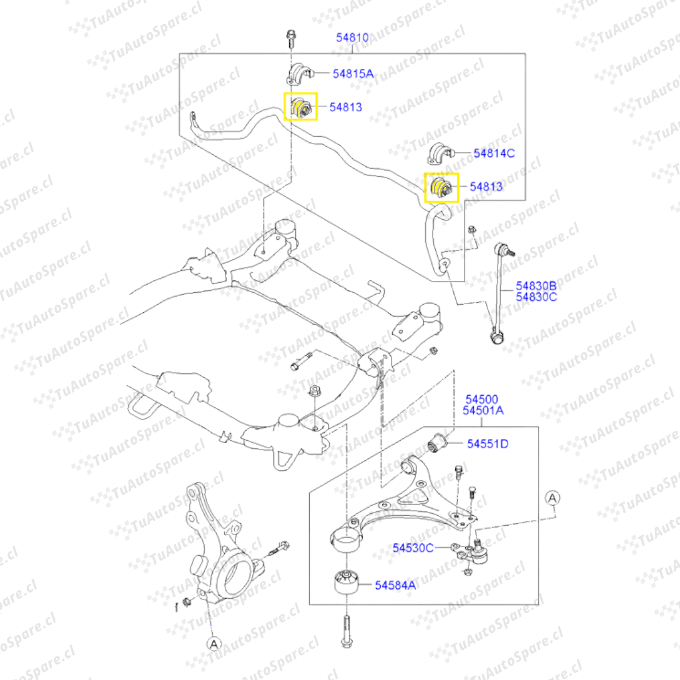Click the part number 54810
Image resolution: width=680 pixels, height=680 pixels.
click(x=352, y=38)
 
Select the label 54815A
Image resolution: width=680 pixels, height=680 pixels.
click(x=353, y=74)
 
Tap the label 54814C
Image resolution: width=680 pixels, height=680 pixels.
click(x=494, y=152)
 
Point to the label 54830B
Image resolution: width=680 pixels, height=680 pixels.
click(x=536, y=285)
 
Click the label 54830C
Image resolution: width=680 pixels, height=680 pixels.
click(x=536, y=297)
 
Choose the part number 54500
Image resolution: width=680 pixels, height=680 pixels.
click(x=482, y=399)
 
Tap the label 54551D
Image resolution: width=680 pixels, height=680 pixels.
click(x=487, y=444)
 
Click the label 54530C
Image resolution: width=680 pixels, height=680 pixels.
click(x=413, y=548)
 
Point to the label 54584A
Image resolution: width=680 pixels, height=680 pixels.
click(x=395, y=585)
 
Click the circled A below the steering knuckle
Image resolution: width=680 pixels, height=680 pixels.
click(x=214, y=643)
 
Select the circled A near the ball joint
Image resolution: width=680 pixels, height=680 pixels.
click(x=552, y=498)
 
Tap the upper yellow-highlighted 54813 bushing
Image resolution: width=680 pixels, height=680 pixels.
click(x=300, y=108)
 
